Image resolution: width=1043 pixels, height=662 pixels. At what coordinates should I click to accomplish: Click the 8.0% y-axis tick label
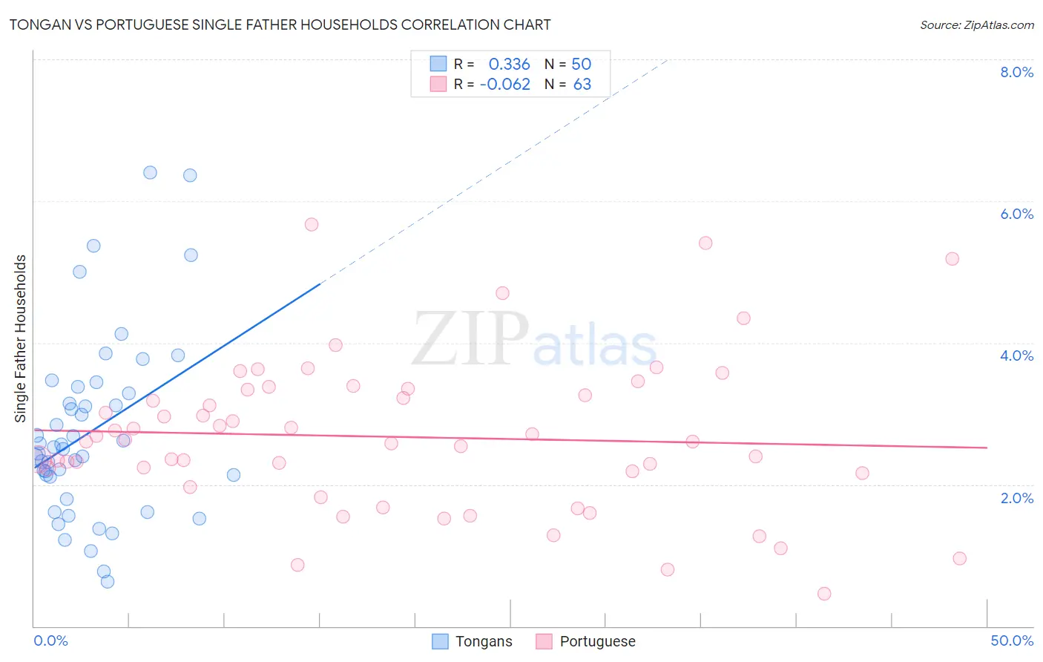pyautogui.click(x=1016, y=72)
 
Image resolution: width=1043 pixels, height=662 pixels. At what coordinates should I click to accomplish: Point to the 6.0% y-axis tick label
pyautogui.click(x=1016, y=214)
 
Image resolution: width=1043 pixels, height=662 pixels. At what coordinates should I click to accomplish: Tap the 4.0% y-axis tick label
pyautogui.click(x=1016, y=355)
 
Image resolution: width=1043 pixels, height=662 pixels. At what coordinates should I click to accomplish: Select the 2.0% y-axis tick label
pyautogui.click(x=1016, y=498)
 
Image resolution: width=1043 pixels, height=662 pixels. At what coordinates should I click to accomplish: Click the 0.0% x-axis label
pyautogui.click(x=50, y=640)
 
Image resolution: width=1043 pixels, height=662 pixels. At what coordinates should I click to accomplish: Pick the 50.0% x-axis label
pyautogui.click(x=1012, y=640)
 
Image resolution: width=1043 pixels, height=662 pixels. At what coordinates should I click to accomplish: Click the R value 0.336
pyautogui.click(x=509, y=64)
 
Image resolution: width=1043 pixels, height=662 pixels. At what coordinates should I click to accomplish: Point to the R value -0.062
pyautogui.click(x=505, y=85)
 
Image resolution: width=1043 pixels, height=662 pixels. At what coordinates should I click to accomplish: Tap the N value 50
pyautogui.click(x=581, y=64)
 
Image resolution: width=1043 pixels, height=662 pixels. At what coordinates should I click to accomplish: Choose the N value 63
pyautogui.click(x=582, y=85)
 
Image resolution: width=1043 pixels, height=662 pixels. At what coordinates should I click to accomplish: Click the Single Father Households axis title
pyautogui.click(x=21, y=338)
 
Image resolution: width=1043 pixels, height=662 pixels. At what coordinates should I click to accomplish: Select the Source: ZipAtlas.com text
pyautogui.click(x=976, y=24)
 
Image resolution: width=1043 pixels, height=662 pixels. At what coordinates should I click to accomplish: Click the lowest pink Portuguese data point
pyautogui.click(x=824, y=594)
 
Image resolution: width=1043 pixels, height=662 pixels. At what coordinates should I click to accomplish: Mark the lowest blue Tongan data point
pyautogui.click(x=108, y=581)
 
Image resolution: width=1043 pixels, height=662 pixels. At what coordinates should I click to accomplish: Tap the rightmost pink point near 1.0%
pyautogui.click(x=959, y=558)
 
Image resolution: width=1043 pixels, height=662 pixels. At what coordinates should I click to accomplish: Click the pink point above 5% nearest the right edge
pyautogui.click(x=952, y=259)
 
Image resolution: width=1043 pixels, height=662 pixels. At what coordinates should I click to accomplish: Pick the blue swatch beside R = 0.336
pyautogui.click(x=438, y=64)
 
